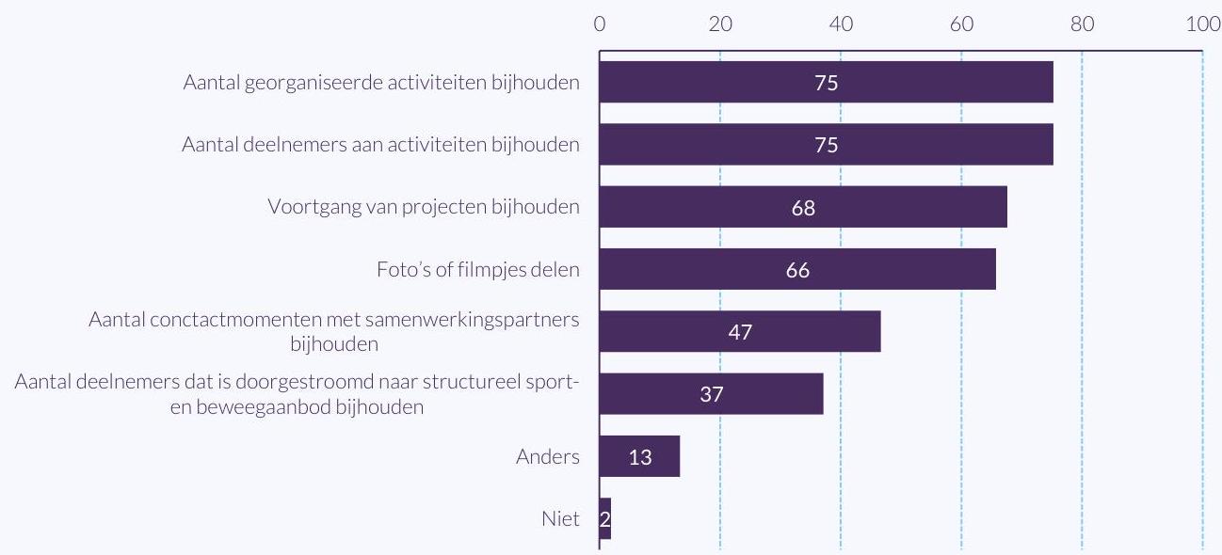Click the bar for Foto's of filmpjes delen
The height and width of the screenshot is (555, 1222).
pyautogui.click(x=796, y=270)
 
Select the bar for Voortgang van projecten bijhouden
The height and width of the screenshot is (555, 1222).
pyautogui.click(x=802, y=207)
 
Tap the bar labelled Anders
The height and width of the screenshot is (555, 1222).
pyautogui.click(x=639, y=457)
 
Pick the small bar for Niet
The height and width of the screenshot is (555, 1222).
pyautogui.click(x=605, y=518)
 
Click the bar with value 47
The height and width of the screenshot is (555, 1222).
pyautogui.click(x=739, y=331)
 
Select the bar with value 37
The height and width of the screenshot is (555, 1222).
pyautogui.click(x=711, y=394)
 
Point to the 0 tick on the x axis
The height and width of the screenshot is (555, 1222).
pyautogui.click(x=600, y=24)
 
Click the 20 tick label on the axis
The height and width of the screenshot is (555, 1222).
pyautogui.click(x=720, y=24)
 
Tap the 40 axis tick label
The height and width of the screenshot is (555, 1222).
pyautogui.click(x=841, y=24)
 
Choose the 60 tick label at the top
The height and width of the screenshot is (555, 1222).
pyautogui.click(x=961, y=24)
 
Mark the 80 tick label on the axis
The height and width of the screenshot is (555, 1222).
pyautogui.click(x=1082, y=24)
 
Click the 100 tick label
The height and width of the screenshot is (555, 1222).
pyautogui.click(x=1202, y=24)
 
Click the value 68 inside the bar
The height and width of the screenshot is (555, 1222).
pyautogui.click(x=803, y=208)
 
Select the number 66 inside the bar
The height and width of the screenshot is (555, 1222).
pyautogui.click(x=797, y=271)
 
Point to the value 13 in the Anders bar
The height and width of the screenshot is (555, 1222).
pyautogui.click(x=639, y=458)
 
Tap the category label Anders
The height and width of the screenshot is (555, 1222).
pyautogui.click(x=547, y=457)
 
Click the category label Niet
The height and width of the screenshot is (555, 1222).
pyautogui.click(x=561, y=519)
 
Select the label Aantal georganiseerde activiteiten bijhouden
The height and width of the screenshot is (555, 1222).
pyautogui.click(x=381, y=83)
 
